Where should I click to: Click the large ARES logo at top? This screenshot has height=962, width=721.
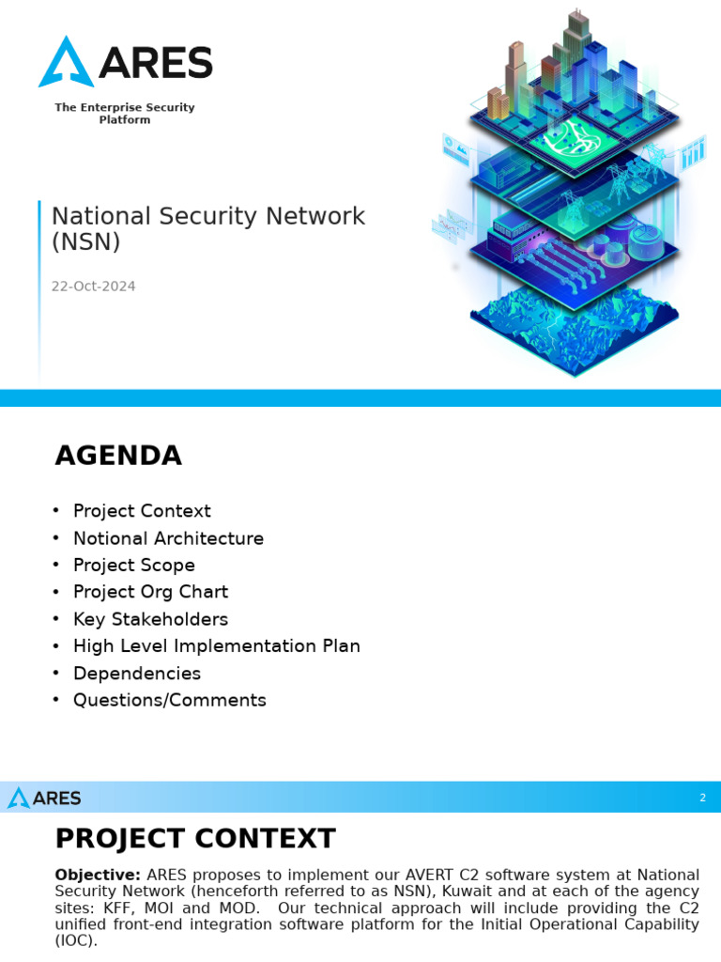pyautogui.click(x=125, y=62)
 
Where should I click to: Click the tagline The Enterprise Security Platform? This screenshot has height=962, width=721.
pyautogui.click(x=124, y=114)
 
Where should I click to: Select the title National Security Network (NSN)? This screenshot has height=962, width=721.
pyautogui.click(x=207, y=228)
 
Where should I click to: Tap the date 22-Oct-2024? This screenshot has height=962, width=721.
pyautogui.click(x=93, y=287)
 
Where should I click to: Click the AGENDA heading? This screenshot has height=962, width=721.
pyautogui.click(x=118, y=456)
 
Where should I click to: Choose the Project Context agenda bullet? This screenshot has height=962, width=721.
pyautogui.click(x=142, y=511)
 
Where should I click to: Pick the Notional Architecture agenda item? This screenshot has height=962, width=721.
pyautogui.click(x=168, y=538)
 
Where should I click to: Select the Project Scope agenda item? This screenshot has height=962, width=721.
pyautogui.click(x=134, y=566)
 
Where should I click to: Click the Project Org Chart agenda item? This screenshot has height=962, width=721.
pyautogui.click(x=150, y=592)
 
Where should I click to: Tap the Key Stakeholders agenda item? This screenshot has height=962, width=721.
pyautogui.click(x=150, y=619)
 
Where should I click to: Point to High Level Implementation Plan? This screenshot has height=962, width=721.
pyautogui.click(x=216, y=646)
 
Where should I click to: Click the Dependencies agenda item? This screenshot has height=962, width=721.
pyautogui.click(x=137, y=674)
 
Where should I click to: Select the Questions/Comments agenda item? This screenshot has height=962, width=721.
pyautogui.click(x=169, y=701)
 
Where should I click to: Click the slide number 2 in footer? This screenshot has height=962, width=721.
pyautogui.click(x=702, y=799)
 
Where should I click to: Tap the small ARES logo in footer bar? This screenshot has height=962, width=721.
pyautogui.click(x=44, y=799)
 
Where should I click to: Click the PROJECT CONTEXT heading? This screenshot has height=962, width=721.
pyautogui.click(x=194, y=838)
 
